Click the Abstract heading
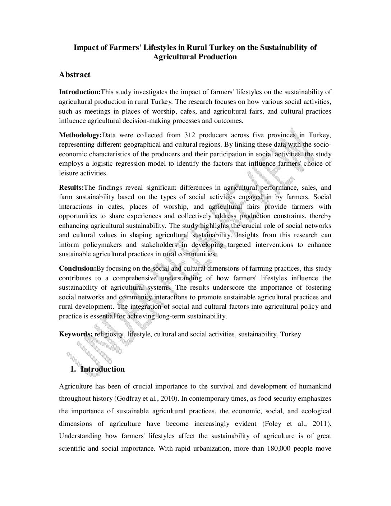point(75,75)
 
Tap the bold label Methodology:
point(80,135)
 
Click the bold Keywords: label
point(76,334)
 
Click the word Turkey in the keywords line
point(291,334)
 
